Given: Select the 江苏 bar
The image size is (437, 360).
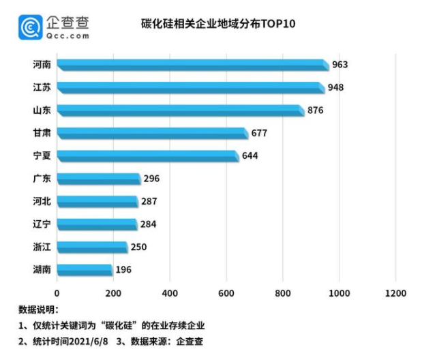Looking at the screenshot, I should (x=190, y=88).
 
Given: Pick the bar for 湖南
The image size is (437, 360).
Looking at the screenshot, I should (x=85, y=270).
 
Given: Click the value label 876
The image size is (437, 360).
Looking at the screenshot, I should (x=315, y=110).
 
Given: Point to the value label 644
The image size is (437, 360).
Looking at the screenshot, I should (x=250, y=156).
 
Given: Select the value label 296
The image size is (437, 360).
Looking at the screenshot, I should (x=151, y=179).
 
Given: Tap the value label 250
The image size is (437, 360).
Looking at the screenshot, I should (x=138, y=247).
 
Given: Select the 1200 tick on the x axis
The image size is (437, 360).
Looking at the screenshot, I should (x=395, y=293).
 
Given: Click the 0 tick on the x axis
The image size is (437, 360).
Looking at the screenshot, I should (x=58, y=293).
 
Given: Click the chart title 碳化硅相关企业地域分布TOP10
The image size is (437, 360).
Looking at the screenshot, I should (x=217, y=24).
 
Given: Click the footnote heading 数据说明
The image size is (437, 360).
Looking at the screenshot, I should (x=39, y=310).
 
